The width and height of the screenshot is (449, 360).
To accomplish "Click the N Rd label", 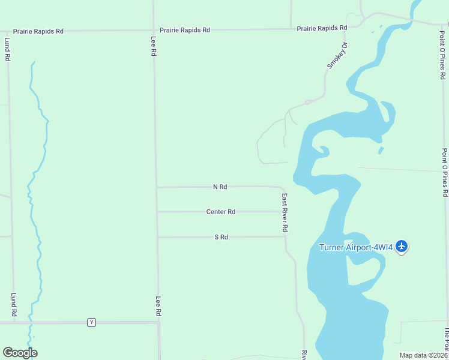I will tap(220, 187).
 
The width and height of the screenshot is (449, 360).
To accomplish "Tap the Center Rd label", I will tap(220, 212).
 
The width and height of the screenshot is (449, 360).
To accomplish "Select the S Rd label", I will tap(221, 237).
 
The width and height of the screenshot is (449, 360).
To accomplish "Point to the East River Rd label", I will tap(285, 212).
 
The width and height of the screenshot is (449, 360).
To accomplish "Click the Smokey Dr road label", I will tap(337, 55).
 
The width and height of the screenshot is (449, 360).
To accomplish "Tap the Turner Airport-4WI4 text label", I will tap(356, 247).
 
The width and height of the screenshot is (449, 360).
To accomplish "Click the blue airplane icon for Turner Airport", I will tap(402, 246).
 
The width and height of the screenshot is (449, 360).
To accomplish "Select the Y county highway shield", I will tap(91, 322).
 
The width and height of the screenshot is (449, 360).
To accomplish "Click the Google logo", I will tap(20, 353).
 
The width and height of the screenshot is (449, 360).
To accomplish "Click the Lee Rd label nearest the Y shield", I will tap(159, 306).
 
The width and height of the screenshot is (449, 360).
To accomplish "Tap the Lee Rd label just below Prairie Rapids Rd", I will tap(154, 46).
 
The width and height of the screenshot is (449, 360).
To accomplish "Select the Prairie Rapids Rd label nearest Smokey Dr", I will tap(322, 28).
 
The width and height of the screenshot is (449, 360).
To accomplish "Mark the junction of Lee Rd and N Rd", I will tap(157, 187).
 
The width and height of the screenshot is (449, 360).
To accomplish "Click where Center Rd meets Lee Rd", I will tap(157, 212).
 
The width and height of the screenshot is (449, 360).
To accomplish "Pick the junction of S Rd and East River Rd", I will tap(285, 236).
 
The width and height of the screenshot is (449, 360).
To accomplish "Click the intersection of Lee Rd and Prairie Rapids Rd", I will tap(154, 30).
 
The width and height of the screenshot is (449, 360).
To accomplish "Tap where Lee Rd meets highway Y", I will tap(158, 322).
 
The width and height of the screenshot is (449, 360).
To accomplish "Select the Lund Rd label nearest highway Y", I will tap(13, 304).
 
